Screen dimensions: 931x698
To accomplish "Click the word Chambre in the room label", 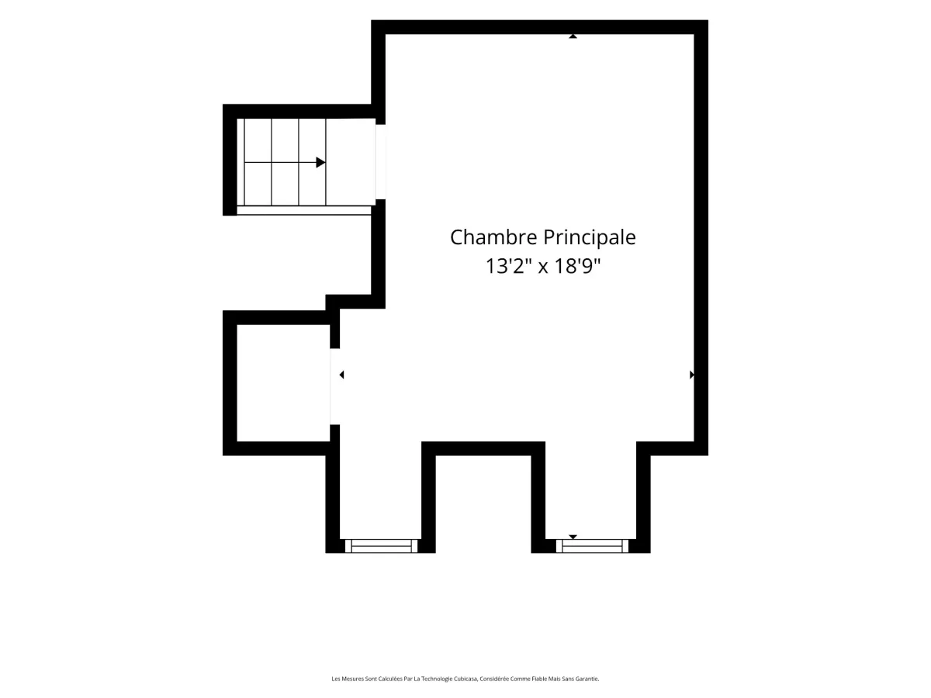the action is click(493, 237).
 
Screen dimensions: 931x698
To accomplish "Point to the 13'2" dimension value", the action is click(508, 266).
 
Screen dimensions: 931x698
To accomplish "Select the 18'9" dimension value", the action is click(578, 266).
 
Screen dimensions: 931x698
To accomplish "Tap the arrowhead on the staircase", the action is click(320, 162).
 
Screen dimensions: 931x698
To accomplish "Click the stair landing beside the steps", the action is click(351, 162).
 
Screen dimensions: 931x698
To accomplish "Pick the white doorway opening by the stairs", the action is click(380, 161).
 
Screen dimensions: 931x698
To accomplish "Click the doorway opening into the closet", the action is click(334, 386).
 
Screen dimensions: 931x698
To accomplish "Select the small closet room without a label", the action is click(283, 383).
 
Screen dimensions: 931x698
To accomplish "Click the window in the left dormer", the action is click(381, 546).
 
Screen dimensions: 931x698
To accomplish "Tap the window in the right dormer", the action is click(592, 546).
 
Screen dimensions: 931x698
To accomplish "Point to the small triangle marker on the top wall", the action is click(573, 36).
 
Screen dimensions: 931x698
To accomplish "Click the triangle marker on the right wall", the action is click(692, 375).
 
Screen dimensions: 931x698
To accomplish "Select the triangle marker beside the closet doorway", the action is click(341, 375).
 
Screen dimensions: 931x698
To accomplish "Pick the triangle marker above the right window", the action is click(573, 537).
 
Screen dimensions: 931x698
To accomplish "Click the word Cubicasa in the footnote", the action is click(465, 679).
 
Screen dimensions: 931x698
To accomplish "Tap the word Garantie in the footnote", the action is click(587, 679).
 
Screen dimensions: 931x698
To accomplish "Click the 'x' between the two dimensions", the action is click(543, 268).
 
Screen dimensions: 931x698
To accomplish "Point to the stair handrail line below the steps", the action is click(303, 210).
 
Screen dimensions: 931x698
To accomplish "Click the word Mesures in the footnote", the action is click(353, 679).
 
